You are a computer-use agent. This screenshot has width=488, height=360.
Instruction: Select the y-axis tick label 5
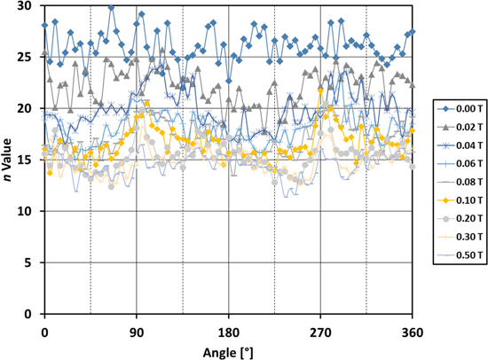click(28, 263)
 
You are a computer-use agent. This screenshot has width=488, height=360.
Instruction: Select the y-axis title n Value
click(8, 160)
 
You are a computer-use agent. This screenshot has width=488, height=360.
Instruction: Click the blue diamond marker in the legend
click(442, 108)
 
